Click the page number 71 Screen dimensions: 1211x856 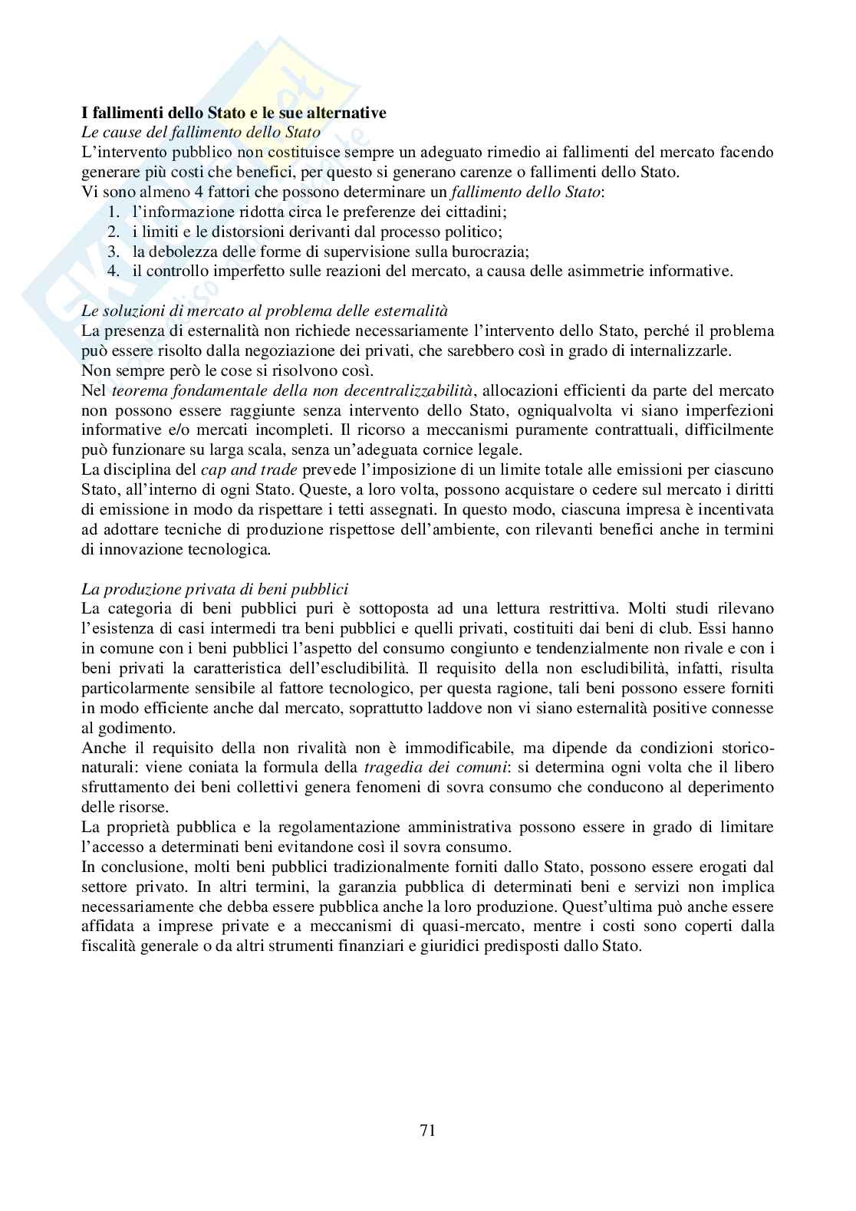click(x=427, y=1130)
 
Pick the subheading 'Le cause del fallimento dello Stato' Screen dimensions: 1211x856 click(x=201, y=133)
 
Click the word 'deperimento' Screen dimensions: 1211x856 click(x=731, y=786)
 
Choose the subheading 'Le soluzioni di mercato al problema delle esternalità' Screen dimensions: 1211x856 click(x=265, y=311)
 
